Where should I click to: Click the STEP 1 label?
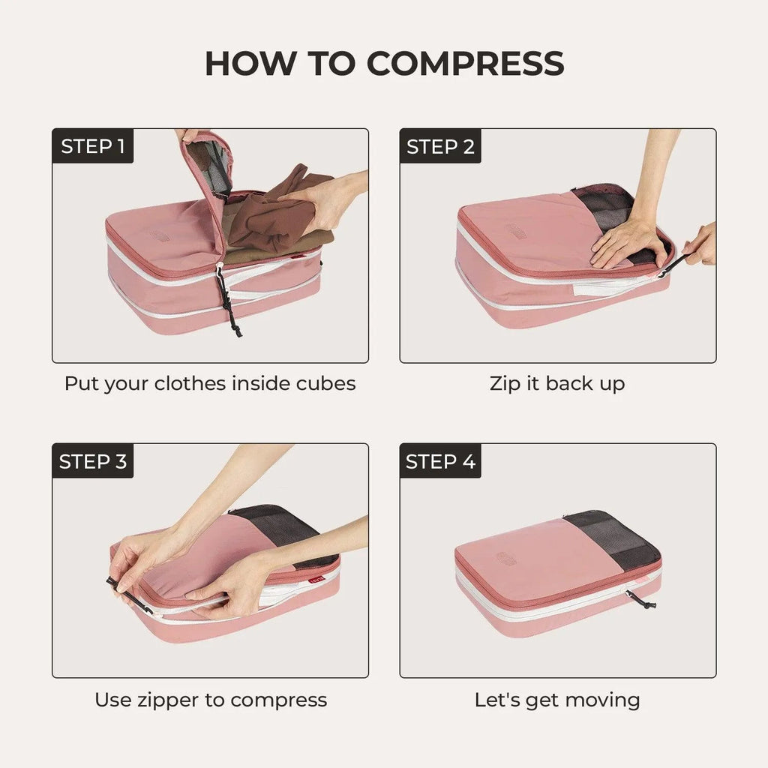click(93, 146)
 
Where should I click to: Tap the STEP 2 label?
click(440, 146)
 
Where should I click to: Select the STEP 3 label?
click(93, 461)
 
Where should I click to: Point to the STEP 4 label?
click(440, 461)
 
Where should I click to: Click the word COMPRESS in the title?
click(465, 64)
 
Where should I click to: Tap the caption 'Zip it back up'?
click(556, 383)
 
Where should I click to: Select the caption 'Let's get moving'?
click(556, 700)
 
